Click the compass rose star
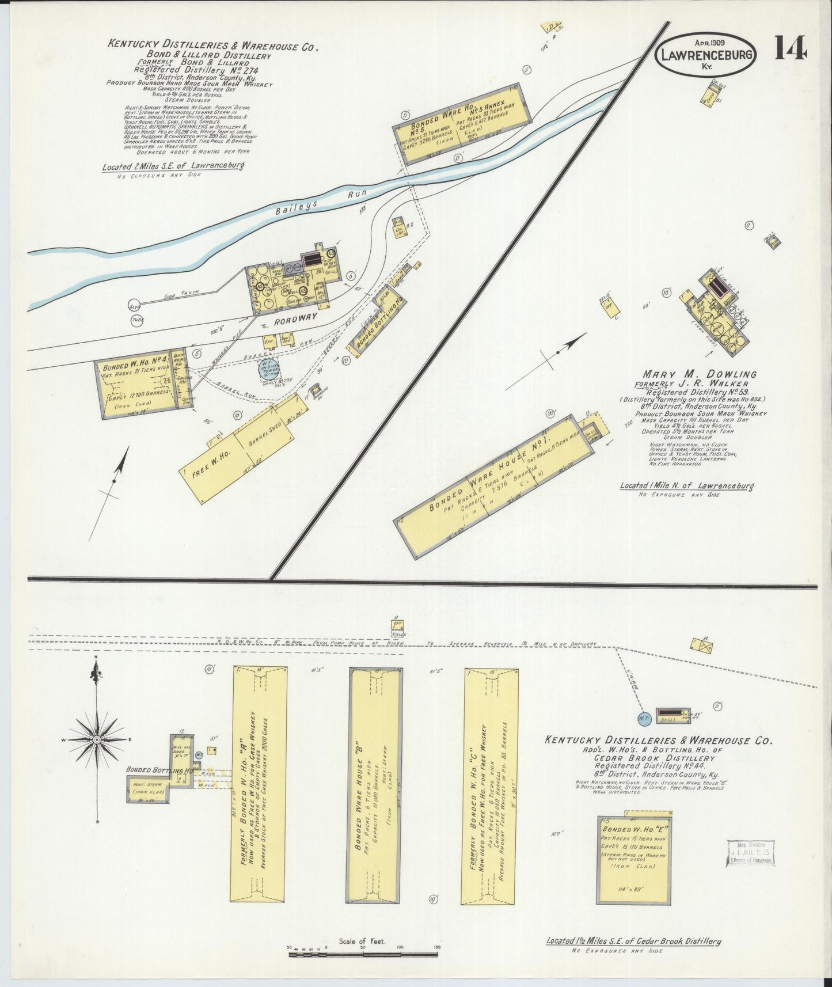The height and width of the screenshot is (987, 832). point(96,739)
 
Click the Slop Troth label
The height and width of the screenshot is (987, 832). point(181,293)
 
